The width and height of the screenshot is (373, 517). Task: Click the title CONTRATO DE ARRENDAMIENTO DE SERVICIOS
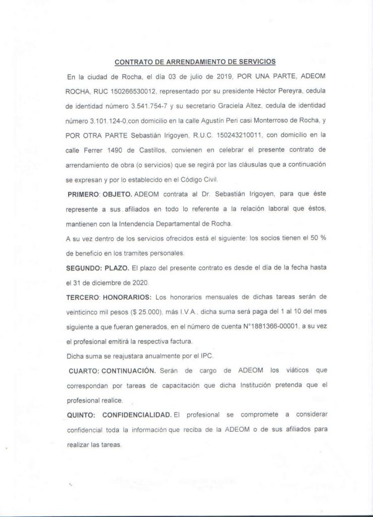pyautogui.click(x=195, y=63)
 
